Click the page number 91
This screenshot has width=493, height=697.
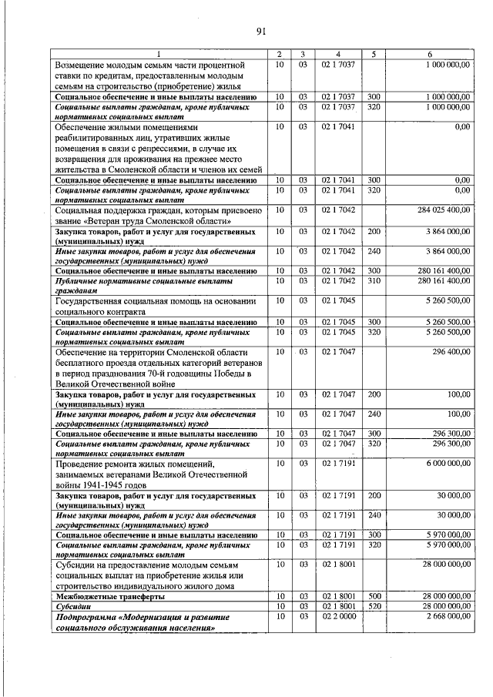(x=260, y=32)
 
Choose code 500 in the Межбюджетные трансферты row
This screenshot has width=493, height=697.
(x=374, y=597)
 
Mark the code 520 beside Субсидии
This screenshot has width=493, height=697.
(x=374, y=607)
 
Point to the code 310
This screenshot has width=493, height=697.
(x=374, y=281)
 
